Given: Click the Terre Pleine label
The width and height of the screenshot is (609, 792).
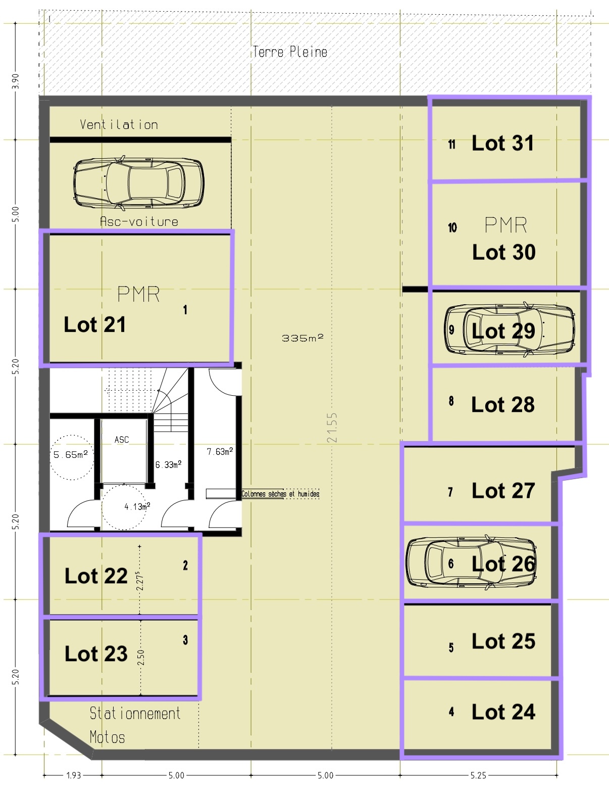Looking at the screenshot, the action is click(x=290, y=52).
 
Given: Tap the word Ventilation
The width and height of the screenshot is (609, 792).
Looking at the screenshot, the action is click(x=119, y=125).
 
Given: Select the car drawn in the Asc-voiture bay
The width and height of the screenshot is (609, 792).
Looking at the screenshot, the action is click(x=139, y=183).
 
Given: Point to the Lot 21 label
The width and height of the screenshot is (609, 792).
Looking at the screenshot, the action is click(x=94, y=324).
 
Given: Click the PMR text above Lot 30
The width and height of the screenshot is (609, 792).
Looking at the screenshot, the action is click(x=505, y=225).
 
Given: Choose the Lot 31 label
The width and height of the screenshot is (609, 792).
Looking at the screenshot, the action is click(x=503, y=143).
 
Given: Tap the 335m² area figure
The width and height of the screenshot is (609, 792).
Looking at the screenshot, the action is click(x=302, y=338).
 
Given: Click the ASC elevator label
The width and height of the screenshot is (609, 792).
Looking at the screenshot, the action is click(x=122, y=440).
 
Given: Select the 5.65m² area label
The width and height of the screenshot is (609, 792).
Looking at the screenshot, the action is click(x=71, y=454).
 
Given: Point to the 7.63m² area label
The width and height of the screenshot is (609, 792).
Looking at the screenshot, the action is click(x=220, y=451).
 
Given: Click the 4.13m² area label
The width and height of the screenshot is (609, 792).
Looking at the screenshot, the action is click(x=137, y=506).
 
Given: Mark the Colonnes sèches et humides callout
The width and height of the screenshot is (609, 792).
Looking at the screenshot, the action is click(x=280, y=494).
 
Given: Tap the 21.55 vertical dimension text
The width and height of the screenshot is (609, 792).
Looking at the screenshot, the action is click(x=332, y=428).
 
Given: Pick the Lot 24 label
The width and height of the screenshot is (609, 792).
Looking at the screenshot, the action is click(x=503, y=712).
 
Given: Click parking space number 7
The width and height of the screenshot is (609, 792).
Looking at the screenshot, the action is click(x=450, y=492).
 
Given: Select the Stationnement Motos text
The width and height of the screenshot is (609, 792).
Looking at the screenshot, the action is click(x=135, y=725).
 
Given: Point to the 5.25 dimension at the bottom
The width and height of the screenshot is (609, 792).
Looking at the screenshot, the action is click(x=478, y=775).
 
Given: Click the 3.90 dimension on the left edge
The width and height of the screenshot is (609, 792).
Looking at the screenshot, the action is click(x=15, y=81).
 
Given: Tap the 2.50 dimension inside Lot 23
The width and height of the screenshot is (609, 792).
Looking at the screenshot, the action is click(x=141, y=658).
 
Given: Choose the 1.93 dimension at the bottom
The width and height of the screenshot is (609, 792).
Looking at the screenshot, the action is click(x=74, y=775).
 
